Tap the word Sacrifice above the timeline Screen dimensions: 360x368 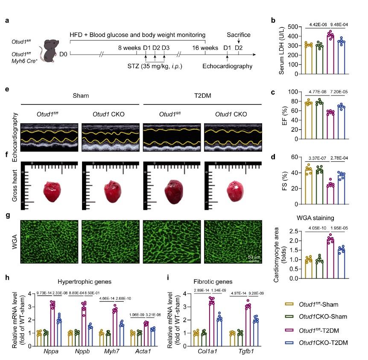point(239,35)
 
